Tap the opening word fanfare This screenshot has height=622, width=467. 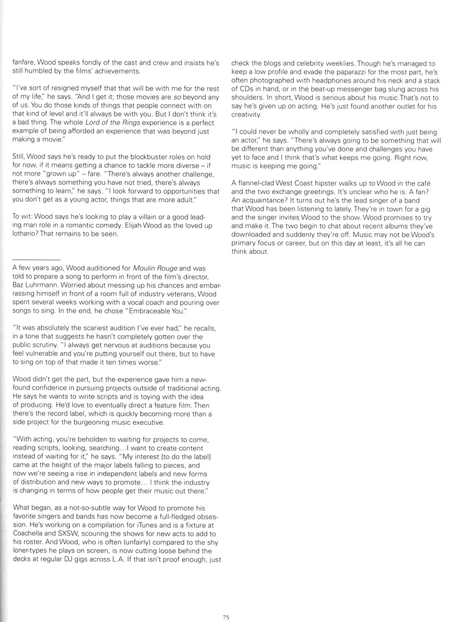tap(24, 63)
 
